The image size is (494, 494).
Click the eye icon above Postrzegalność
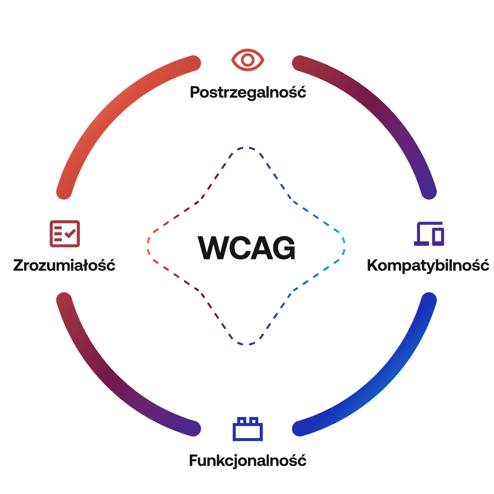[x=247, y=60]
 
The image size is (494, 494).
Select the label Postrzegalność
[x=248, y=92]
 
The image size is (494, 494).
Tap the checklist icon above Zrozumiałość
[x=64, y=234]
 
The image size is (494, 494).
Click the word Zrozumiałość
[x=64, y=266]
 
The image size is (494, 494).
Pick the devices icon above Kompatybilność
[x=429, y=234]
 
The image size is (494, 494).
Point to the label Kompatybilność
[x=428, y=266]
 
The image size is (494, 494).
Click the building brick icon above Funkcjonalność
[x=247, y=428]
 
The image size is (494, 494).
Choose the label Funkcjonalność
[x=247, y=461]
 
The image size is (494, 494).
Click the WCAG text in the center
[x=247, y=248]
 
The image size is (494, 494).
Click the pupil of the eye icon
[x=247, y=60]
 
